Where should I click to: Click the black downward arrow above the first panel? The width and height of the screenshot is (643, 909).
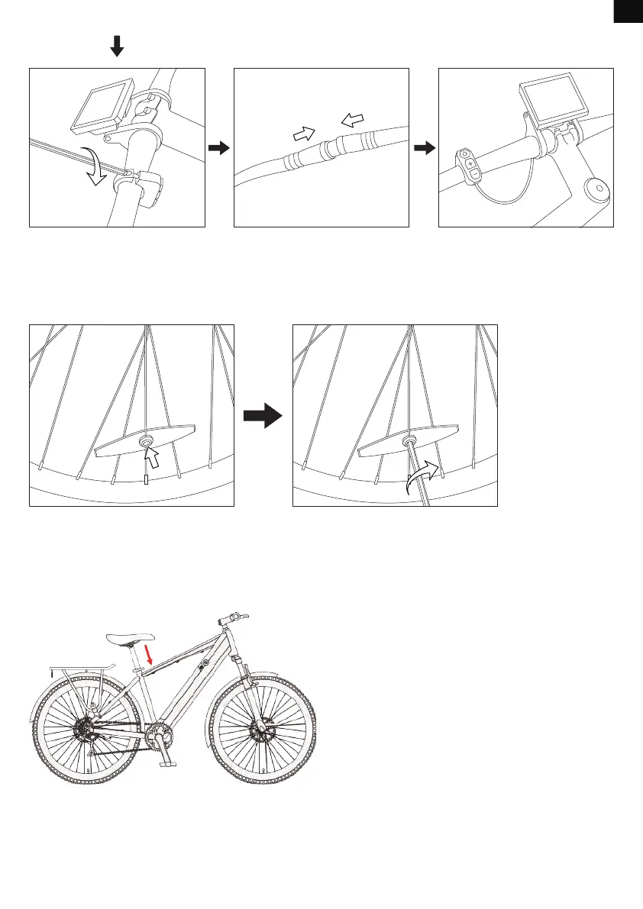pos(116,47)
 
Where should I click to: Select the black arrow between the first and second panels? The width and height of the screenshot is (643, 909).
pos(219,147)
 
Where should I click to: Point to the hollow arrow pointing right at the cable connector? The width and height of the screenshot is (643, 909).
pos(304,134)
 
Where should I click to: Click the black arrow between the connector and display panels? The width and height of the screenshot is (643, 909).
pos(423,147)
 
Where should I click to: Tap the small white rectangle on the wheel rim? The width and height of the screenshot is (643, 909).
pos(146,480)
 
